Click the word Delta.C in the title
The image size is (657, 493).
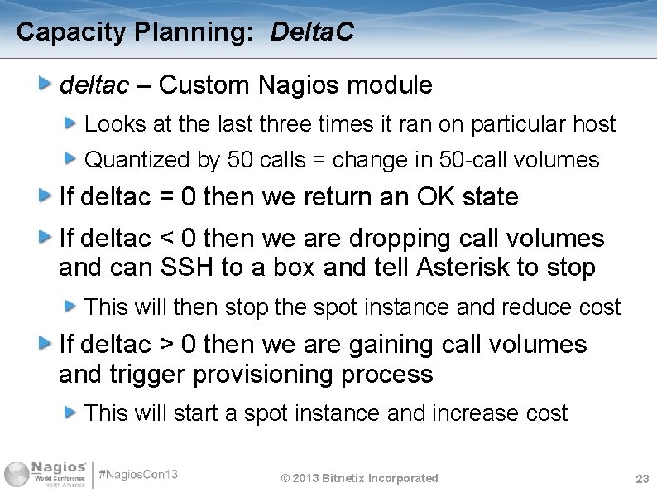(312, 32)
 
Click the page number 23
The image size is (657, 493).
(641, 479)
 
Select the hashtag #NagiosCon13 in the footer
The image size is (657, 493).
(138, 475)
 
